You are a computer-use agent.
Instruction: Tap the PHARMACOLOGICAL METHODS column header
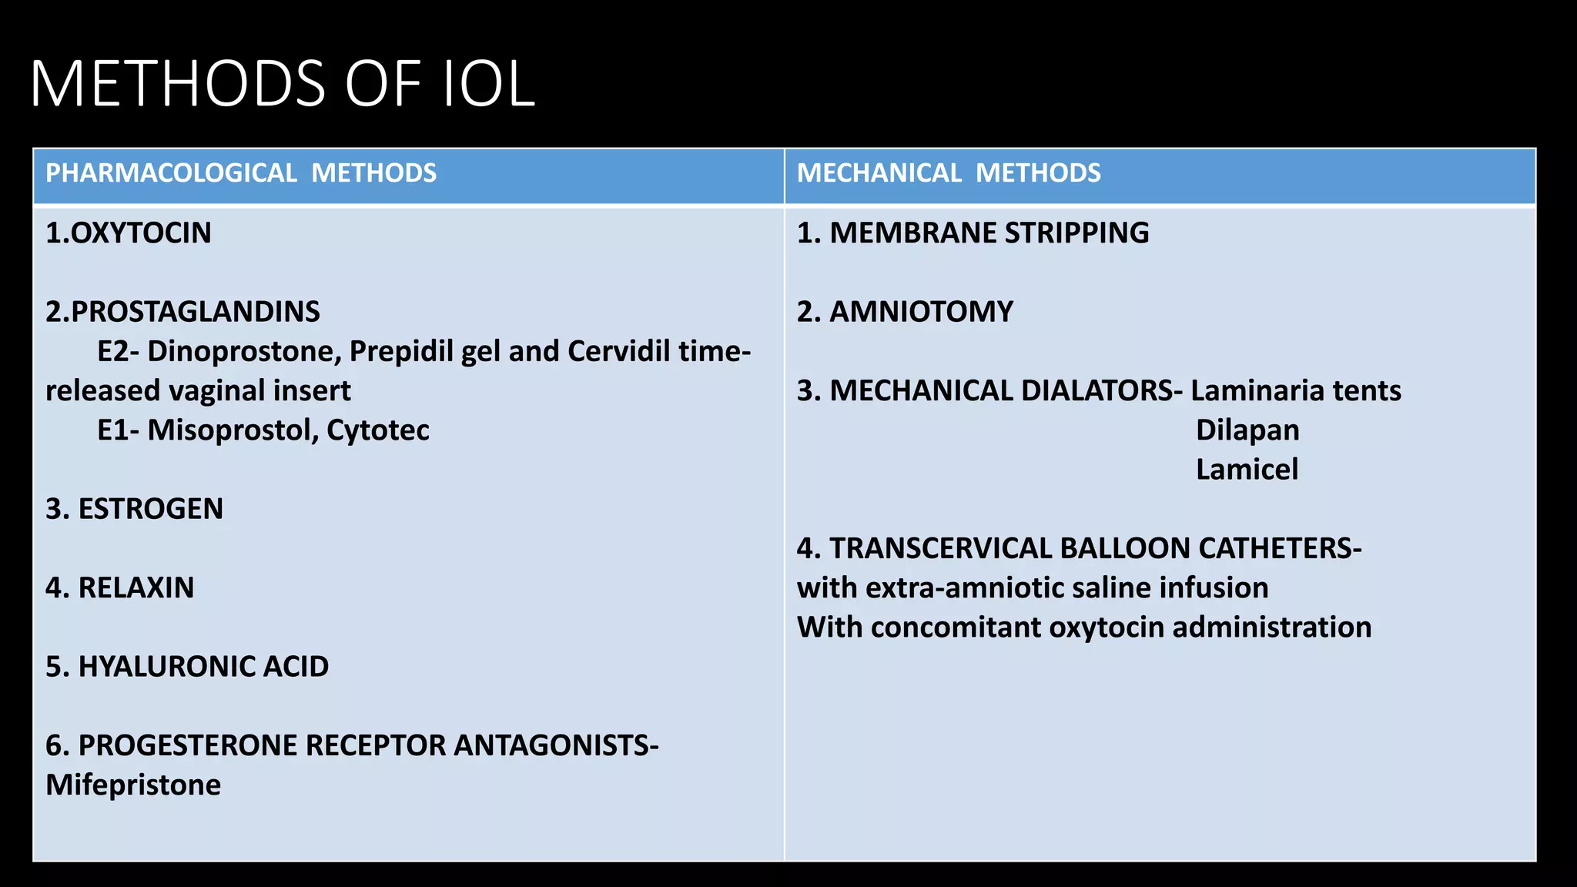click(x=240, y=173)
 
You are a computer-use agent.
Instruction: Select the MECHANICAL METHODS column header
click(x=948, y=173)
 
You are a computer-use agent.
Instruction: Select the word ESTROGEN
click(x=151, y=509)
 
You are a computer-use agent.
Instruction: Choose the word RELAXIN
click(x=136, y=587)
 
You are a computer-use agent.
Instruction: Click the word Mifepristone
click(x=133, y=785)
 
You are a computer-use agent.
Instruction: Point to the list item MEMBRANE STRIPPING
click(x=989, y=233)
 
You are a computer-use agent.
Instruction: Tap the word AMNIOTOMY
click(x=921, y=312)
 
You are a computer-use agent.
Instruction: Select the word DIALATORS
click(x=1097, y=391)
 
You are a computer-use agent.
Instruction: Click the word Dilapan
click(x=1247, y=430)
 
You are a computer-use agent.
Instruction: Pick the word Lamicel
click(x=1247, y=470)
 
